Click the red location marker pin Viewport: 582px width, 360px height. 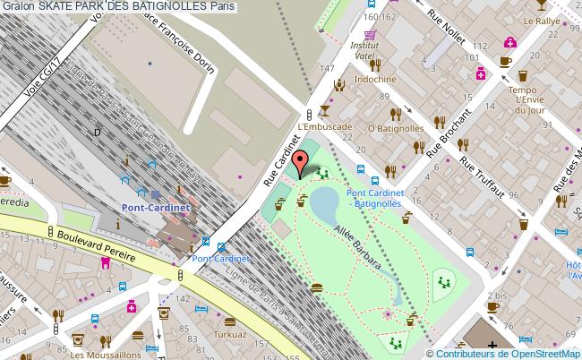[299, 162]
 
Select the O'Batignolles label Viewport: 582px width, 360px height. [395, 129]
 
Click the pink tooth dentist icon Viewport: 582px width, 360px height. [105, 263]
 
